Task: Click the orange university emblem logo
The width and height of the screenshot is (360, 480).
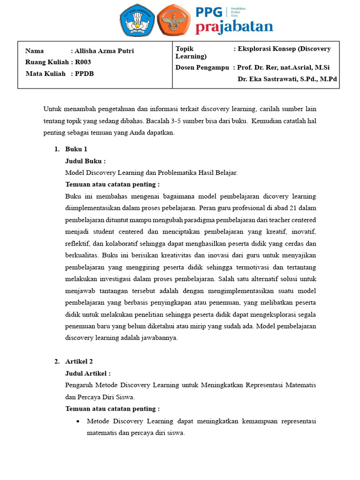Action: point(173,20)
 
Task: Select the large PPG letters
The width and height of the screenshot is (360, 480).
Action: point(210,12)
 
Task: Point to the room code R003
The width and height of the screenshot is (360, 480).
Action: point(83,62)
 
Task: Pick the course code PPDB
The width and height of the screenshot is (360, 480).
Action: point(84,74)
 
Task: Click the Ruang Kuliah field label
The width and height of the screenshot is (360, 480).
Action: point(47,62)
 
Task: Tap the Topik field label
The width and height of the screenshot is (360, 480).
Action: point(185,49)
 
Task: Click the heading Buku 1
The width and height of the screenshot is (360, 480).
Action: point(76,150)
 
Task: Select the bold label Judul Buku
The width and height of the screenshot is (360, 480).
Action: point(85,161)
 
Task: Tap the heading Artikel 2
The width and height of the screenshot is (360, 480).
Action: point(79,361)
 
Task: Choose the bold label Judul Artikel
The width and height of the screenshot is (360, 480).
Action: point(88,373)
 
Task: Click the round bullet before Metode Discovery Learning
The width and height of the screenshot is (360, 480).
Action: point(78,421)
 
